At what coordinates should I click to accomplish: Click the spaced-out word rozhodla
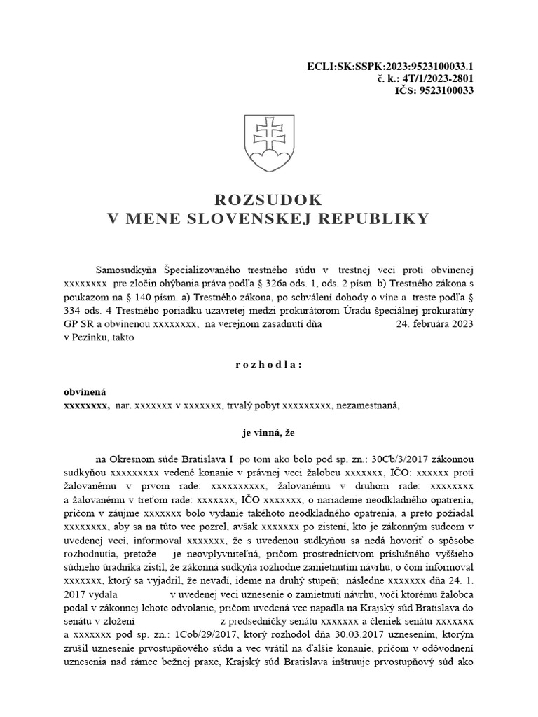click(x=268, y=365)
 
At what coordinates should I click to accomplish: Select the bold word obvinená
click(x=85, y=392)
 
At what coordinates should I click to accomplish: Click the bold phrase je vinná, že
click(x=268, y=433)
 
